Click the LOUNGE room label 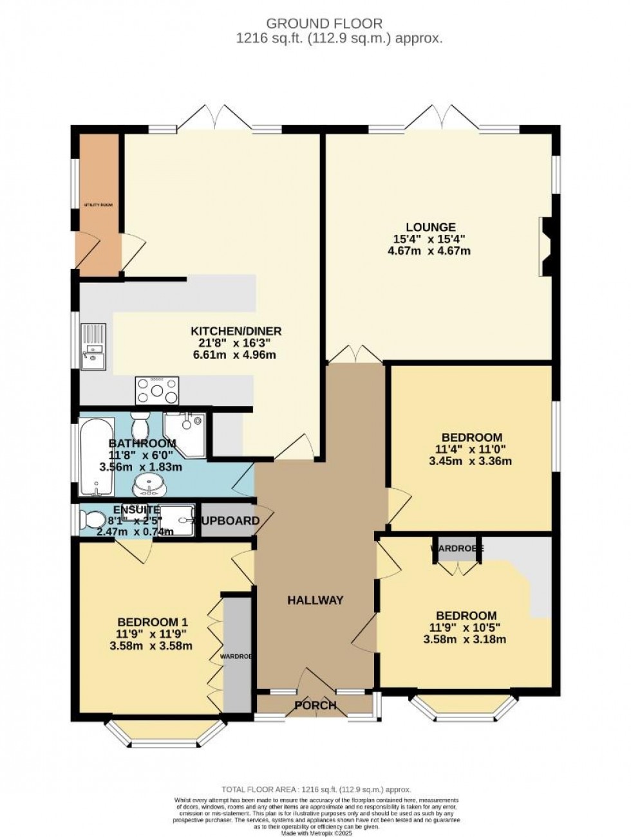430,227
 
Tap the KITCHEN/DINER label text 236,331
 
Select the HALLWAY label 315,600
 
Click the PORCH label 315,705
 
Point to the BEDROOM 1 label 152,622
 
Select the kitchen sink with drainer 93,347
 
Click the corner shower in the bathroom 185,430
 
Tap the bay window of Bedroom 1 166,733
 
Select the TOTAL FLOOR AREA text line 315,789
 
